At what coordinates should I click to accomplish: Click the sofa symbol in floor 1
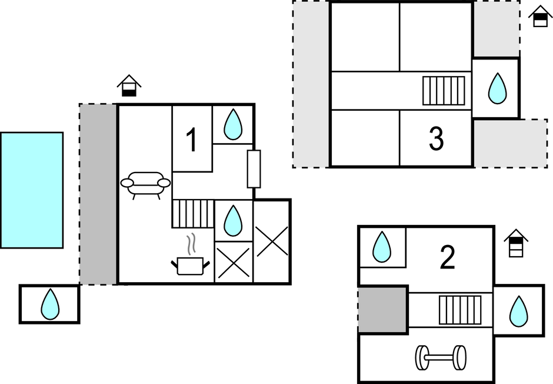click(x=145, y=184)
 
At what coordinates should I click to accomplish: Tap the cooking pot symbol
click(x=190, y=264)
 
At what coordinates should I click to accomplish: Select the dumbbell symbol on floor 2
click(x=441, y=357)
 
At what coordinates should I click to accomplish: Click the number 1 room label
click(x=192, y=141)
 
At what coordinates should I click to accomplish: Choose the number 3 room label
click(x=436, y=139)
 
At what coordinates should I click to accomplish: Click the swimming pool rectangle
click(x=32, y=190)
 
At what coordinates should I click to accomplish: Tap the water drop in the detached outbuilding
click(x=50, y=304)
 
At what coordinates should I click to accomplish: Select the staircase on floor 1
click(x=193, y=214)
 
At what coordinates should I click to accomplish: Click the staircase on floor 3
click(x=444, y=91)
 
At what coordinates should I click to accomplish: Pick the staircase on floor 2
click(x=460, y=310)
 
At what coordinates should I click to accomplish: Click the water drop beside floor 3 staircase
click(x=498, y=88)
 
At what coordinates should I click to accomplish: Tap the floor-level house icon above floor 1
click(x=129, y=86)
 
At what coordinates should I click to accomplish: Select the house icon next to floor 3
click(x=539, y=16)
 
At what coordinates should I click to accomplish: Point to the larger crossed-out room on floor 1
click(x=272, y=241)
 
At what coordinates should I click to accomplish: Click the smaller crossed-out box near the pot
click(x=233, y=262)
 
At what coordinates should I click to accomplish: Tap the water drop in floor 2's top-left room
click(x=382, y=247)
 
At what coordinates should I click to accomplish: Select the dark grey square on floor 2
click(x=382, y=310)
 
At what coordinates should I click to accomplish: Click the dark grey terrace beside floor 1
click(x=98, y=194)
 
